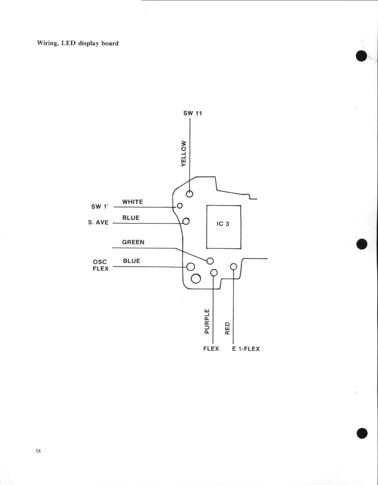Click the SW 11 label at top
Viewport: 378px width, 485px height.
[x=192, y=113]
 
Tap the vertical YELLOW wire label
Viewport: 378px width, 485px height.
[x=184, y=153]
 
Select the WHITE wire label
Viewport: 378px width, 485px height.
[x=132, y=202]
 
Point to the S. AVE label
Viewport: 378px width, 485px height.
[x=98, y=222]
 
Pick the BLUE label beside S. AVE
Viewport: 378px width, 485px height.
[x=131, y=218]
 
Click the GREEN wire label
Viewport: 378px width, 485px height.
[x=133, y=242]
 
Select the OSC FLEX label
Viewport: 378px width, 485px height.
[x=101, y=265]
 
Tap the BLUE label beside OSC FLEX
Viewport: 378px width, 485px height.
[x=132, y=261]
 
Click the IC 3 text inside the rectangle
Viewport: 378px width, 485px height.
[x=223, y=224]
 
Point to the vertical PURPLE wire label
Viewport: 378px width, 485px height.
[x=207, y=321]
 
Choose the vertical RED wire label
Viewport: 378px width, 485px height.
[x=228, y=328]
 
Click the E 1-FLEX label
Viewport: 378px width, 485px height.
[x=246, y=349]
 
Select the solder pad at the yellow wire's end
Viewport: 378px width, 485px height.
[x=190, y=194]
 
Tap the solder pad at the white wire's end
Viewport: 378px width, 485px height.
[x=180, y=206]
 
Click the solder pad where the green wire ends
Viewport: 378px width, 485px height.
[x=210, y=261]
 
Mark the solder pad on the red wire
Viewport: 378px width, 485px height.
[x=233, y=266]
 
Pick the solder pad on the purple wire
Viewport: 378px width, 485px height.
[x=214, y=272]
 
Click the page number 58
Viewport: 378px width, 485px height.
[x=38, y=451]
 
